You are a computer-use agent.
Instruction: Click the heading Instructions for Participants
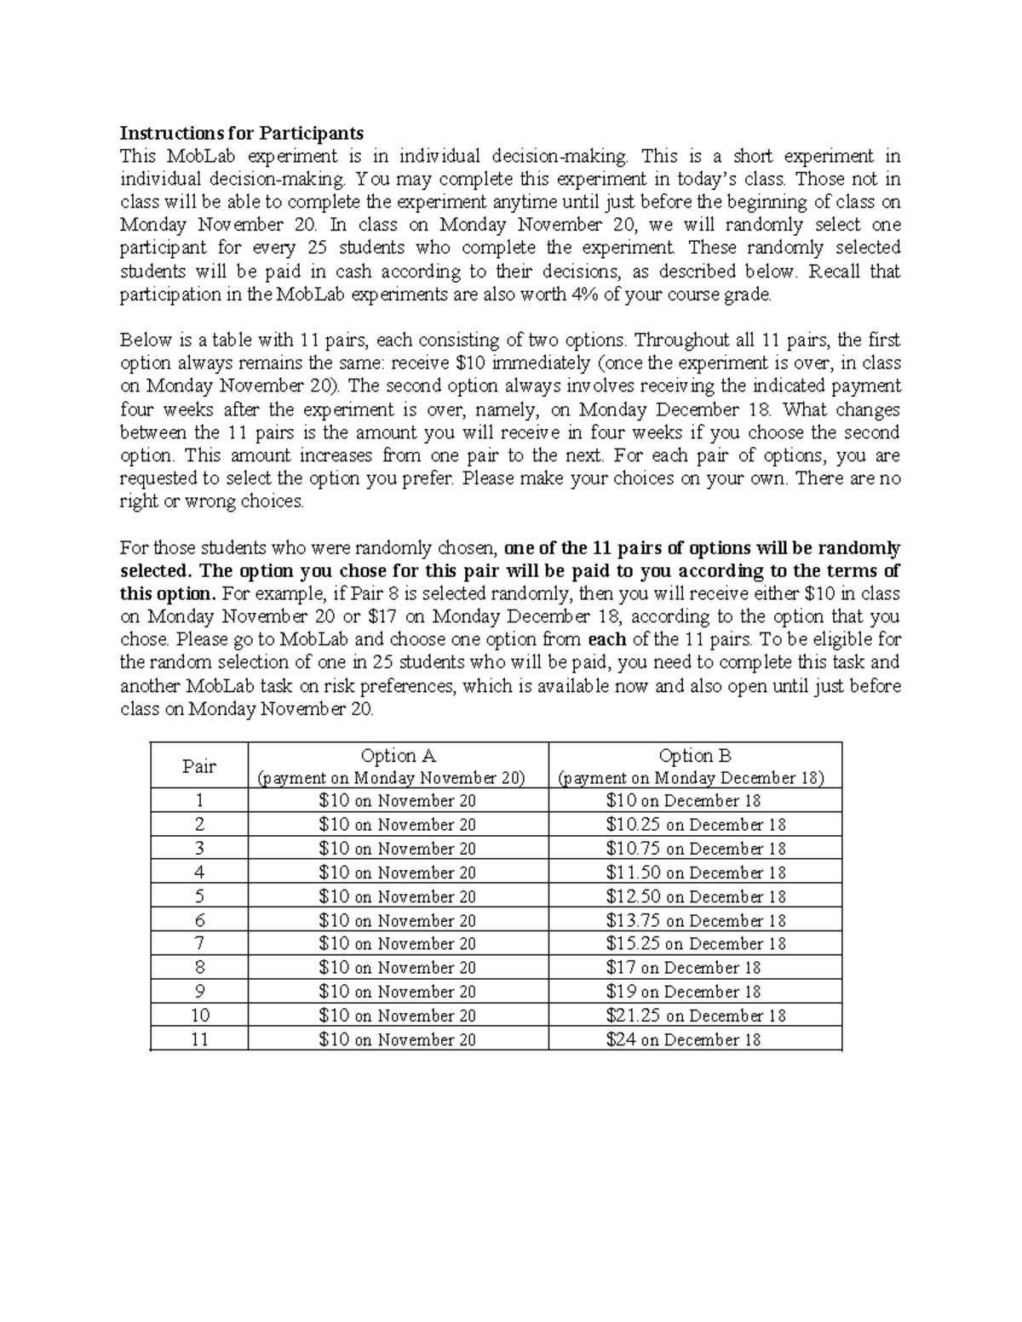pos(241,133)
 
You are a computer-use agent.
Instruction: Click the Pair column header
pos(198,766)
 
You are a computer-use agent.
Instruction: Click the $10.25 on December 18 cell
pos(695,825)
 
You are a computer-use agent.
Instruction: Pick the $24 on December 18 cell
pos(683,1039)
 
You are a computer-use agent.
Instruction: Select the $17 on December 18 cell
pos(683,968)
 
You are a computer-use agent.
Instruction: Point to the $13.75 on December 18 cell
pos(695,920)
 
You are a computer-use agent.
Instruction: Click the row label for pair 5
pos(199,896)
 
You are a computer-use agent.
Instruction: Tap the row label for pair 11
pos(199,1039)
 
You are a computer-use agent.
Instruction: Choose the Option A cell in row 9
pos(397,992)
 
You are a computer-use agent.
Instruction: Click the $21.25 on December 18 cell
pos(695,1016)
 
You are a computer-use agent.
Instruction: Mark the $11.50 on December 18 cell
pos(695,873)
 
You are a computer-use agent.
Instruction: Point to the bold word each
pos(607,639)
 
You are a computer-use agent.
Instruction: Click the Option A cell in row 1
pos(397,801)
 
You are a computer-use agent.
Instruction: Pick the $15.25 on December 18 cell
pos(695,944)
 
